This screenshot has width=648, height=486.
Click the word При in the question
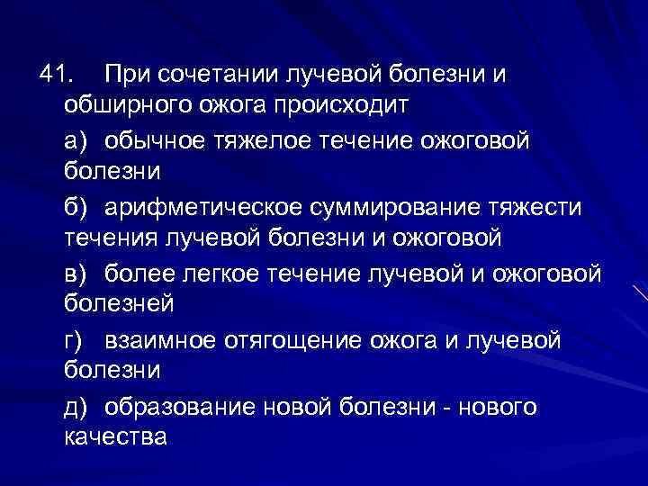125,73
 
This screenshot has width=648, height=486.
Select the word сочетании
211,74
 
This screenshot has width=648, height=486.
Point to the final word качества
115,439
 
